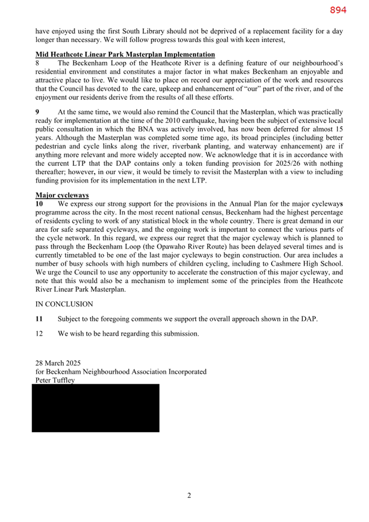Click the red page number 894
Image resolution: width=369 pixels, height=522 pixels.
tap(338, 10)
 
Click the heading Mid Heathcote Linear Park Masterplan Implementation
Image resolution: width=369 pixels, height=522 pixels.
tap(125, 55)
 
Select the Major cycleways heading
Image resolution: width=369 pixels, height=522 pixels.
tap(62, 195)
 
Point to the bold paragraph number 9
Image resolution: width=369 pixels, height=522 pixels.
tap(38, 112)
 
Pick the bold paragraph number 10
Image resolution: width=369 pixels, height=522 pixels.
tap(40, 204)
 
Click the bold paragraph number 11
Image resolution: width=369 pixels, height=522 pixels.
tap(39, 319)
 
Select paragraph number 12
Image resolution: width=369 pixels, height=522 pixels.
tap(39, 333)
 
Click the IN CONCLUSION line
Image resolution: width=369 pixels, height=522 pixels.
tap(64, 304)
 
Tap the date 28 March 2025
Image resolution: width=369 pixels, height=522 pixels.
tap(58, 363)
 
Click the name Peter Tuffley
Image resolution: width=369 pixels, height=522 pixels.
tap(55, 380)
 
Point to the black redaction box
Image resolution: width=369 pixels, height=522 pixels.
tap(96, 408)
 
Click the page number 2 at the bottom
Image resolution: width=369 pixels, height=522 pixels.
tap(189, 496)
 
